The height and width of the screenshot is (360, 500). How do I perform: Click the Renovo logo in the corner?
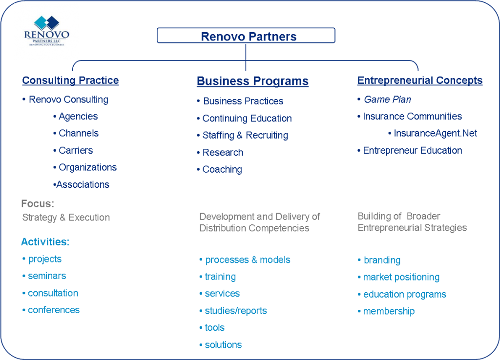click(46, 31)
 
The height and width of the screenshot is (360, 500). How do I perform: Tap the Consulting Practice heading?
click(70, 80)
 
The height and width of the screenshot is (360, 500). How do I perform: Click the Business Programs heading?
click(252, 81)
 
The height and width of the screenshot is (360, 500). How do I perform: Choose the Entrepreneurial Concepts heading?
click(419, 80)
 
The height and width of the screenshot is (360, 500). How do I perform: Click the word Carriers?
click(76, 150)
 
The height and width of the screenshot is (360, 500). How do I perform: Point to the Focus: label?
click(38, 203)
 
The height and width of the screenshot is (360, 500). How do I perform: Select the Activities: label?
click(45, 242)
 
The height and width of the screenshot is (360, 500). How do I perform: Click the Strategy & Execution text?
click(66, 217)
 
